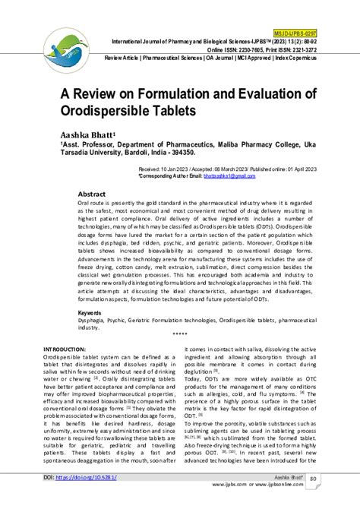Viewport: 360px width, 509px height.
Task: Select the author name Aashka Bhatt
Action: point(88,134)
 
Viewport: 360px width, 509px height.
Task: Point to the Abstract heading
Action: point(92,194)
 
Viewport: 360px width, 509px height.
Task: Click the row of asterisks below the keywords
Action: point(180,335)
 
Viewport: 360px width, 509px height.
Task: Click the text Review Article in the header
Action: point(125,58)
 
